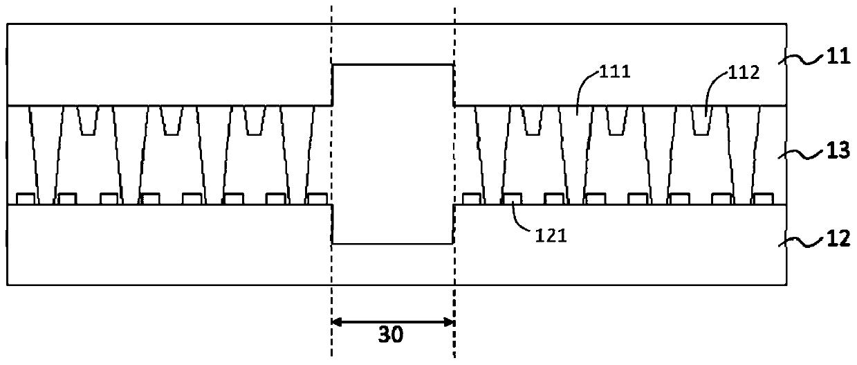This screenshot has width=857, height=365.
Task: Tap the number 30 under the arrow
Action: (x=391, y=335)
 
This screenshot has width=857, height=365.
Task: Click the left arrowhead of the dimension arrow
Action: (x=337, y=321)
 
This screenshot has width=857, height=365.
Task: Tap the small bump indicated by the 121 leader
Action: (x=511, y=199)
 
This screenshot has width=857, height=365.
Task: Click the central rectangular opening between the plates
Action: (x=393, y=154)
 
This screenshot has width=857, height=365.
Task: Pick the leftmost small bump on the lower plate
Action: (x=25, y=199)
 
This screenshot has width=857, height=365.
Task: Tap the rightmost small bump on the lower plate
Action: (x=762, y=199)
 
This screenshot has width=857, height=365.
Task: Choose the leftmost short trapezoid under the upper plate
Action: (x=88, y=119)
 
